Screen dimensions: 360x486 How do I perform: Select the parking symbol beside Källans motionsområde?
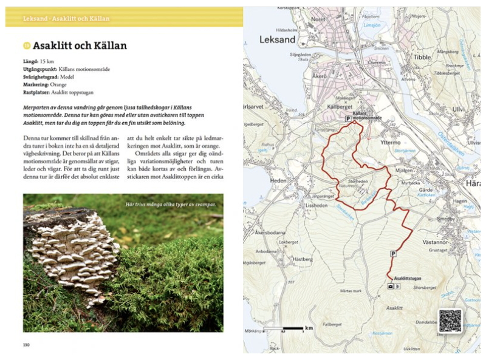pyautogui.click(x=348, y=119)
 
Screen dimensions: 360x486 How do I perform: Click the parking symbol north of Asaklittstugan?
pyautogui.click(x=392, y=254)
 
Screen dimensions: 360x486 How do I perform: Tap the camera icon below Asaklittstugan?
pyautogui.click(x=390, y=286)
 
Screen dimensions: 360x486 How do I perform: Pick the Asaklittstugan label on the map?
pyautogui.click(x=408, y=279)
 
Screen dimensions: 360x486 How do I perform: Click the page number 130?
pyautogui.click(x=26, y=345)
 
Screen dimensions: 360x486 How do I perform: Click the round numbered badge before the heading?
pyautogui.click(x=26, y=46)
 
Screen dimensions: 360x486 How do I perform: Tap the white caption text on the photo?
pyautogui.click(x=172, y=204)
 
